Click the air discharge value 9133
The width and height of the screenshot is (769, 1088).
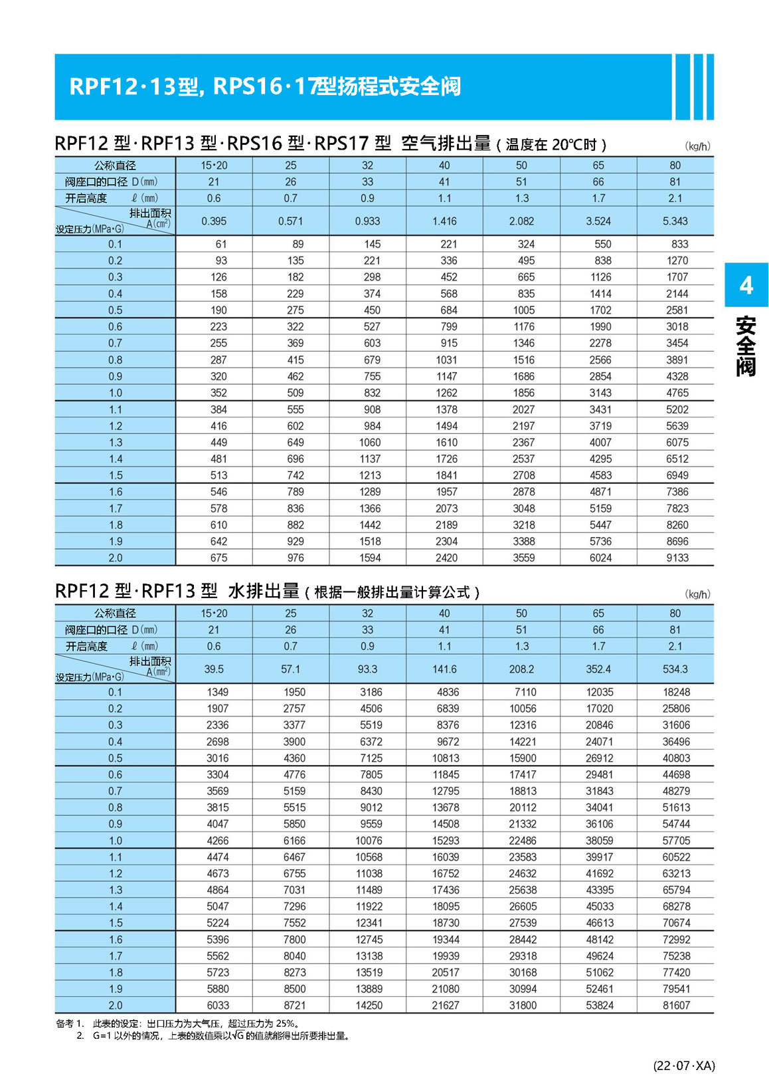pos(677,558)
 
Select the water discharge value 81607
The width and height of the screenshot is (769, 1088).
pos(676,1006)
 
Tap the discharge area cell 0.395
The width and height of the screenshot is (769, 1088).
pos(214,221)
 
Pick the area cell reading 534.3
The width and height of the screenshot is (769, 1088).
pos(675,669)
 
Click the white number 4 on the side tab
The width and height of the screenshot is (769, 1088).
pos(746,285)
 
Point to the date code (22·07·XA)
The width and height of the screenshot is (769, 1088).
pos(684,1065)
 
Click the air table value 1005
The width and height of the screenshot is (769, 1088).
pos(523,310)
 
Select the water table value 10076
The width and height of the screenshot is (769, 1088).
pos(369,841)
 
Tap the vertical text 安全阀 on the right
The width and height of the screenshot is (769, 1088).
pos(746,347)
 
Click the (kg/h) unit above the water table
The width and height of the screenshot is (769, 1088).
pos(697,594)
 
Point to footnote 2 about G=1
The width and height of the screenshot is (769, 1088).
pos(219,1035)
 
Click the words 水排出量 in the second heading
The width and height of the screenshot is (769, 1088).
pos(264,591)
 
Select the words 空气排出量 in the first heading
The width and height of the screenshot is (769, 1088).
pos(446,143)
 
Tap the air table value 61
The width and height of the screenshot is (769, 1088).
pos(221,244)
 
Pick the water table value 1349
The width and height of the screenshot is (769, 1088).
pos(218,692)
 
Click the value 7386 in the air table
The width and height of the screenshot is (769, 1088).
pos(677,492)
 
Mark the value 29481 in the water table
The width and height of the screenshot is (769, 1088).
pos(600,774)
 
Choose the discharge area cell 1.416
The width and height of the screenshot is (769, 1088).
pos(444,221)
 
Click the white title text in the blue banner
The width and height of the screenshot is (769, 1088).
pos(265,86)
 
